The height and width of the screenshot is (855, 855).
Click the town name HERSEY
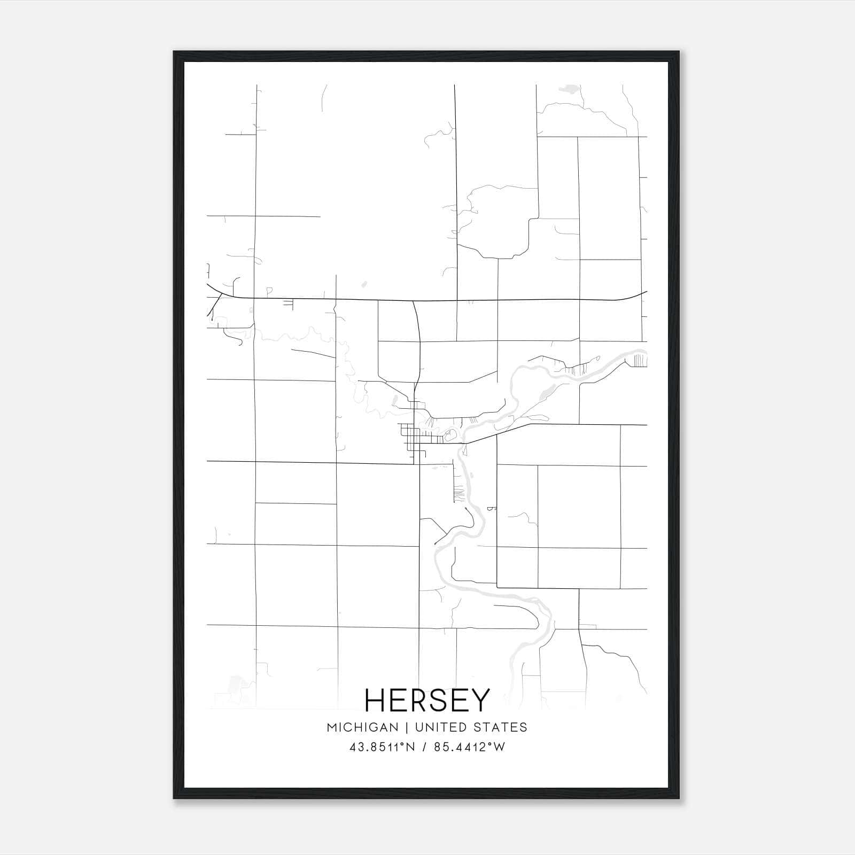[427, 700]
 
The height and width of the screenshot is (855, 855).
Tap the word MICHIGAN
[362, 727]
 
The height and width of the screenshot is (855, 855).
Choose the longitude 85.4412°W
[469, 747]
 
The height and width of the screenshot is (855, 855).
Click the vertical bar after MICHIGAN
[406, 727]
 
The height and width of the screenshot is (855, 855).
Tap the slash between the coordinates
[425, 747]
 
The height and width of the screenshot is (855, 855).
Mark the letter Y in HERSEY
[479, 700]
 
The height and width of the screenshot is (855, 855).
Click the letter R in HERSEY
[419, 700]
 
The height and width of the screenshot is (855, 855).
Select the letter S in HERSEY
[441, 700]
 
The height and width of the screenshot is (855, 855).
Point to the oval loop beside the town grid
[450, 435]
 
